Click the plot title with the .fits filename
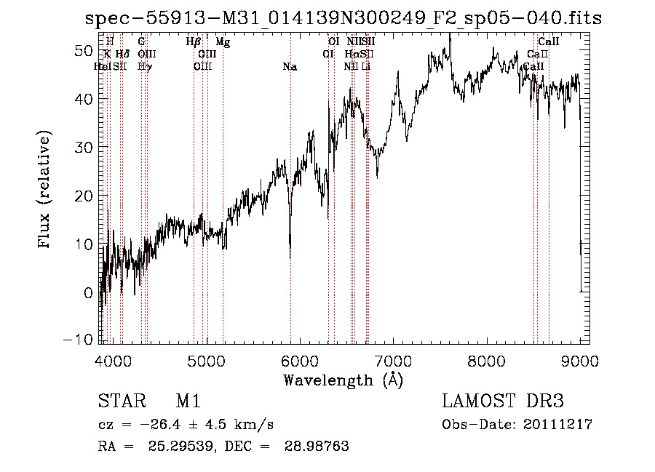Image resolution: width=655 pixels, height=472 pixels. (344, 18)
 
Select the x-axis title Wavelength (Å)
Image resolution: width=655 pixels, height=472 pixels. (343, 380)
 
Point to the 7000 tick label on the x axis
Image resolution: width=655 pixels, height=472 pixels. (393, 361)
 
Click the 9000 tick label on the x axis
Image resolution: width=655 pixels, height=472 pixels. (580, 361)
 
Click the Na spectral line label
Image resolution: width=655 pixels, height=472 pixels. (290, 67)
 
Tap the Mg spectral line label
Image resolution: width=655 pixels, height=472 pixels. (223, 42)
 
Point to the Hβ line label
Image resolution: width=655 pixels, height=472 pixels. (194, 42)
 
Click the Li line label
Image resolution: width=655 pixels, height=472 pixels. (367, 67)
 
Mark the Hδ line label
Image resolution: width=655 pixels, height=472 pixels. (122, 55)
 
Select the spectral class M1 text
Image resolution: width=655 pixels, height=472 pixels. (188, 402)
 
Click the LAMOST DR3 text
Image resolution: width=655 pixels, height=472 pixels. (503, 402)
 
